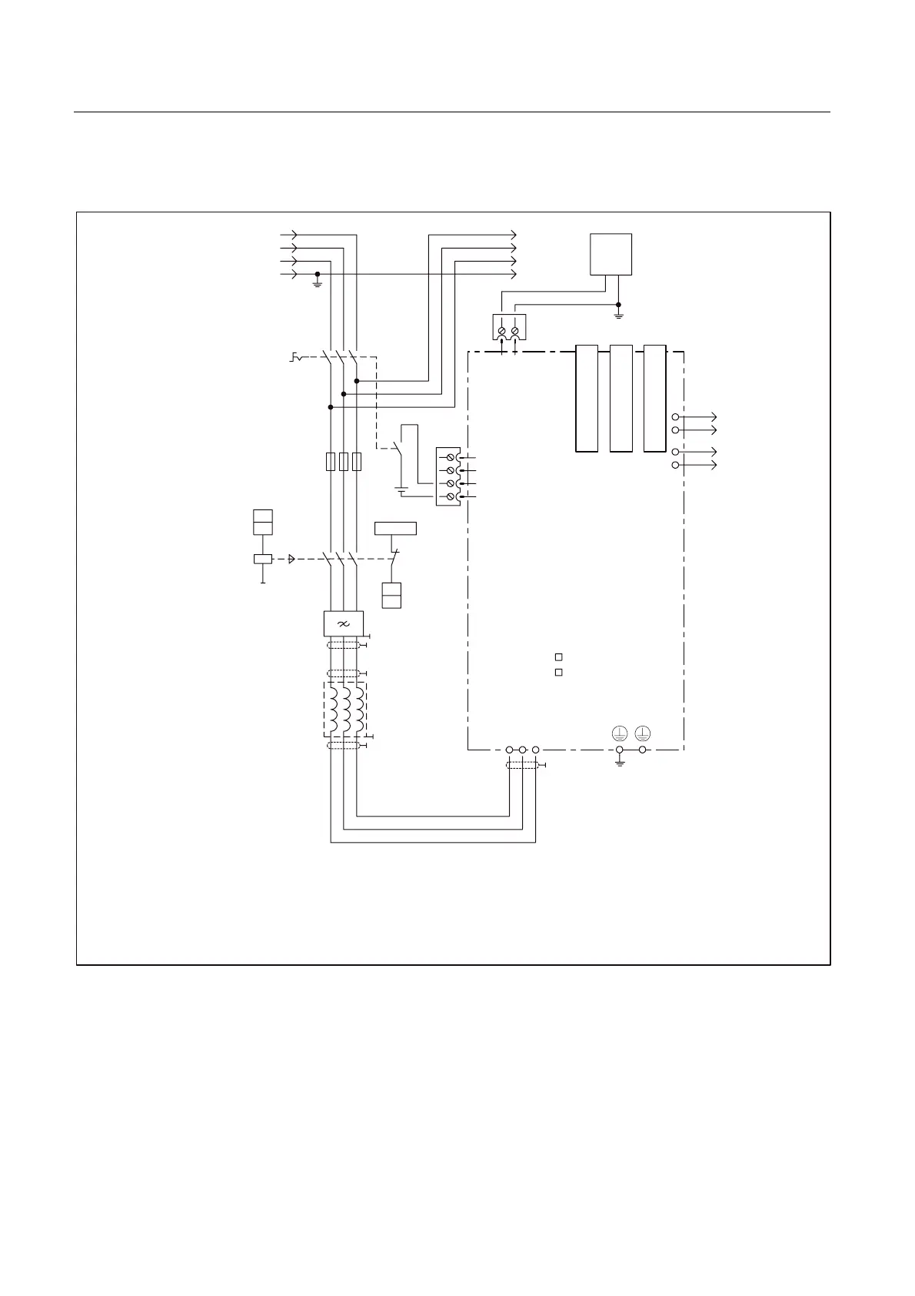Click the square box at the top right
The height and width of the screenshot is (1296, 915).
[x=611, y=254]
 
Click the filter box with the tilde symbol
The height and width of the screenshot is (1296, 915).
[x=343, y=623]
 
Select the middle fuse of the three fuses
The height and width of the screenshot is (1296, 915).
[x=343, y=461]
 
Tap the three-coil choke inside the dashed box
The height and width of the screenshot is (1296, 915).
[x=344, y=709]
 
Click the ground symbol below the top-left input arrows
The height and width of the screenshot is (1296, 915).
[x=317, y=282]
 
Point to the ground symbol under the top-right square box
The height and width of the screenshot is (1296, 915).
[x=618, y=314]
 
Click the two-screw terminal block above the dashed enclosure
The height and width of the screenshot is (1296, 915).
[x=508, y=328]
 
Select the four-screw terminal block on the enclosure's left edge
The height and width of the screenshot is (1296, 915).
[x=448, y=476]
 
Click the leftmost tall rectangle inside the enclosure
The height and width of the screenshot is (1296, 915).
[x=586, y=398]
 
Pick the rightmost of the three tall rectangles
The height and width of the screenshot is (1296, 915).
[x=654, y=398]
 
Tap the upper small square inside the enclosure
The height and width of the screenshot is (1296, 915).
[x=559, y=656]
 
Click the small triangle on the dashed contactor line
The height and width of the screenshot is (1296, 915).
[x=291, y=559]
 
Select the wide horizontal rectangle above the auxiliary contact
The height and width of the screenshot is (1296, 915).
[x=395, y=528]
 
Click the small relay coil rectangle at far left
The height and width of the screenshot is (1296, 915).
[x=263, y=559]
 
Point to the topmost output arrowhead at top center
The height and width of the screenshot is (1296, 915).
[x=514, y=234]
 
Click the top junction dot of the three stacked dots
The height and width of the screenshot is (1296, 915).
[x=356, y=380]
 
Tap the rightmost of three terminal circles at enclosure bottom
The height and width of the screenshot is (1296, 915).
[x=536, y=750]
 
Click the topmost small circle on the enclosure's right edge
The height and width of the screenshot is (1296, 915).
[x=675, y=416]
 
